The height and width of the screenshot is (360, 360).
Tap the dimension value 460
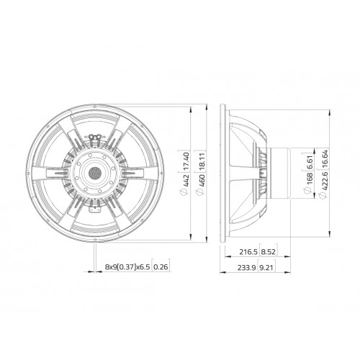pos(202,181)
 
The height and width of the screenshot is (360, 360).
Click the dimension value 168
pos(310,179)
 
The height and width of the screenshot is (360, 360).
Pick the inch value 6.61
pos(310,163)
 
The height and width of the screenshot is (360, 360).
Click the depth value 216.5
pos(248,252)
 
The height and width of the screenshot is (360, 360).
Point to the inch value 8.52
pos(268,252)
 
